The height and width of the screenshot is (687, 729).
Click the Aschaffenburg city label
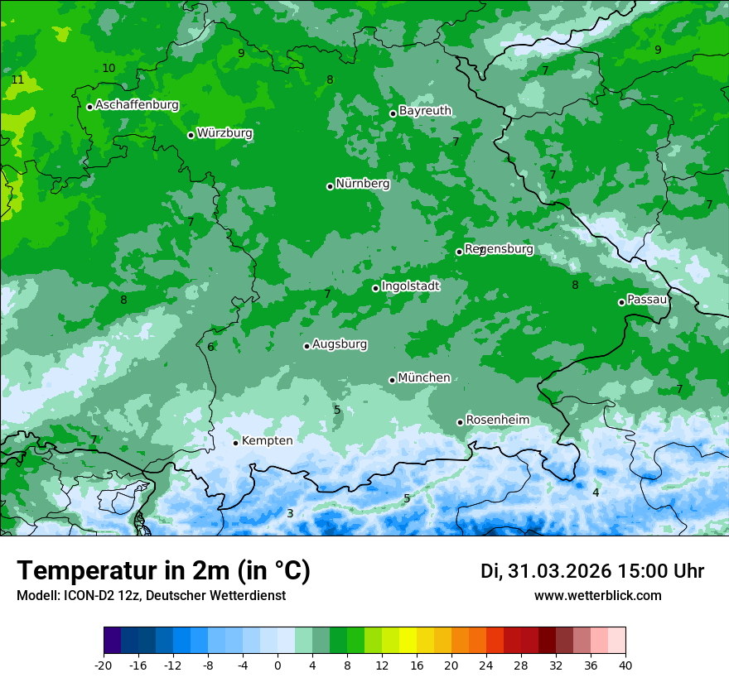[137, 105]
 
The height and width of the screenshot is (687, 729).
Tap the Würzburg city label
[224, 133]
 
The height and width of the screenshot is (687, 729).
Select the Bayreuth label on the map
[425, 111]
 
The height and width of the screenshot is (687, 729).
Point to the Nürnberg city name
[362, 184]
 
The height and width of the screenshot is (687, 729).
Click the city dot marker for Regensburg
[459, 252]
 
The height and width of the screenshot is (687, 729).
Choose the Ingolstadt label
[410, 286]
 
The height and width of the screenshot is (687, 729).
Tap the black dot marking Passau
[621, 302]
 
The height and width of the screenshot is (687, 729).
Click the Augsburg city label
[340, 344]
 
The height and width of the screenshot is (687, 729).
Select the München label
[424, 378]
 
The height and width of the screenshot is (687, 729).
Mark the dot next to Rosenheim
[460, 422]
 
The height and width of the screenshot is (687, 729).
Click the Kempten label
[267, 441]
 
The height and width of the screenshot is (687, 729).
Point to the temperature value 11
[17, 80]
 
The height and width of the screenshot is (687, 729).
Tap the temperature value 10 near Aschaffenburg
[109, 68]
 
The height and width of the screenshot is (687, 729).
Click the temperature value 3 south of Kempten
[290, 514]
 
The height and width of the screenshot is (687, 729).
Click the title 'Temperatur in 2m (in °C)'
[163, 571]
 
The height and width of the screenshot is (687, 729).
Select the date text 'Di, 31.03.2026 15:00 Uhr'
[592, 571]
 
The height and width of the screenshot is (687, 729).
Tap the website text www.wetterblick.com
[597, 596]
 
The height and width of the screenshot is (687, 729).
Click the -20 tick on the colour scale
[104, 665]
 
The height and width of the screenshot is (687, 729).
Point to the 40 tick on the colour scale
[625, 665]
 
